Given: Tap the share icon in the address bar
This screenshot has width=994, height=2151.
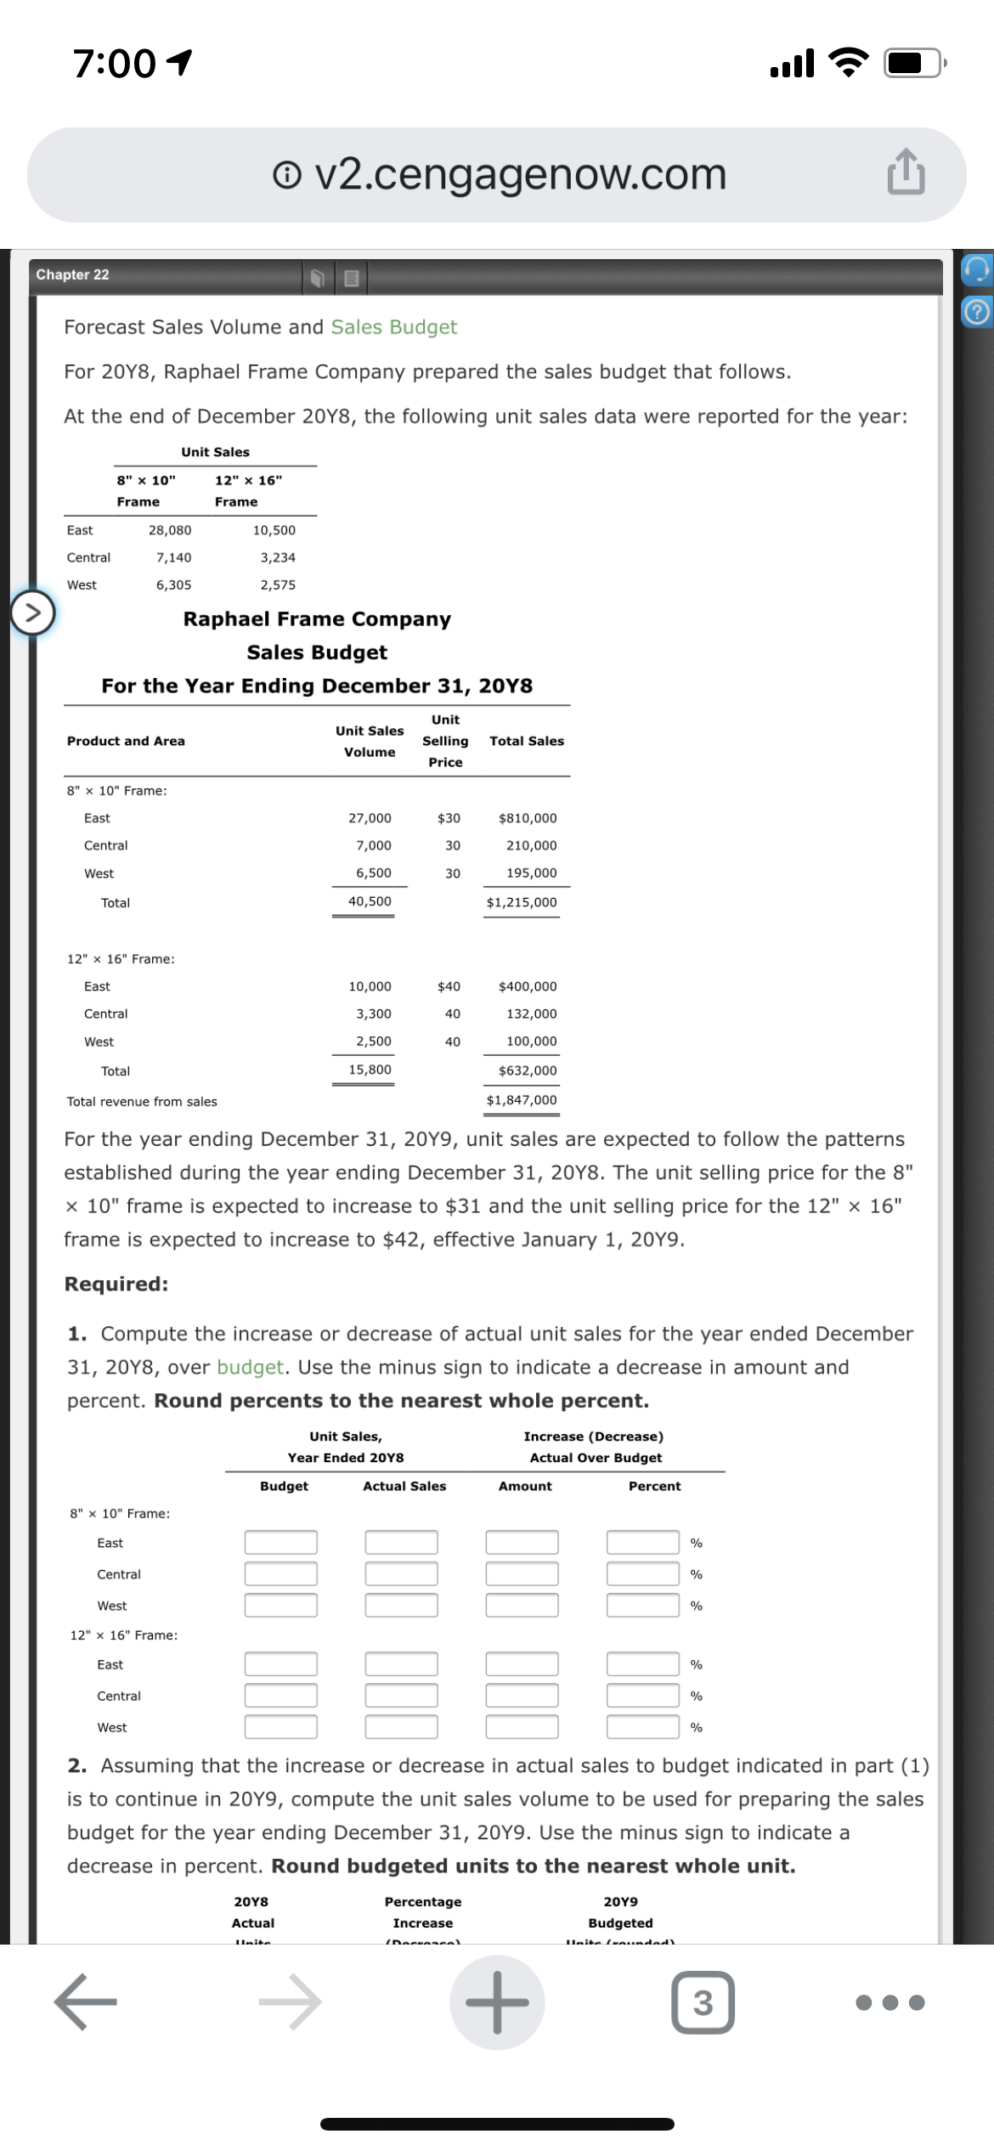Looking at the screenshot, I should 906,172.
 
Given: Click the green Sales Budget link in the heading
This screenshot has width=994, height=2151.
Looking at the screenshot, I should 394,327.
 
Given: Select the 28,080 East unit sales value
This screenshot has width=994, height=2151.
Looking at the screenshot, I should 170,530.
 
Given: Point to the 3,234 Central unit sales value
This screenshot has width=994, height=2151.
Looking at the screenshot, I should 278,557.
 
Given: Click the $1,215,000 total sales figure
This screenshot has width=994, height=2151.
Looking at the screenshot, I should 522,902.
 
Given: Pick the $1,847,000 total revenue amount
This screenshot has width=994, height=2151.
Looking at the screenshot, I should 522,1100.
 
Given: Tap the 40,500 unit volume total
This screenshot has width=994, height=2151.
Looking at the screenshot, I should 370,901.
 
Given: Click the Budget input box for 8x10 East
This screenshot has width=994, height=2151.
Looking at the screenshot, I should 281,1542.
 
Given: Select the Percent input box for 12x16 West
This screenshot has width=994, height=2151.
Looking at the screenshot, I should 642,1726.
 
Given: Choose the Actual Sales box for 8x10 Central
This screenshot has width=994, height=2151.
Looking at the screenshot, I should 402,1573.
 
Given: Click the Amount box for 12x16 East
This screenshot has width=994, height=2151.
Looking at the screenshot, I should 522,1663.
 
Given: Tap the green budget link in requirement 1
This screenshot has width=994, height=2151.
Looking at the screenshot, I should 250,1367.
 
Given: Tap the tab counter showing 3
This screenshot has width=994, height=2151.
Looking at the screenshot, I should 703,2002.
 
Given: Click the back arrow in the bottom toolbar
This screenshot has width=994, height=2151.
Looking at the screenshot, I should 85,2002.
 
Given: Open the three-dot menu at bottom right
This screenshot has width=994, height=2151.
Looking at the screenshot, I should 890,2002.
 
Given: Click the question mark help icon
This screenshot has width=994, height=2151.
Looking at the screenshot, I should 977,313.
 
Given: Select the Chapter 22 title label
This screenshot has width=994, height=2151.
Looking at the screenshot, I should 73,274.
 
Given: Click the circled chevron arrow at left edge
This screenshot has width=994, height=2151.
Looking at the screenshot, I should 32,613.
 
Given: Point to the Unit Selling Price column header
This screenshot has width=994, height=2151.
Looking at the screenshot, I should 445,741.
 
